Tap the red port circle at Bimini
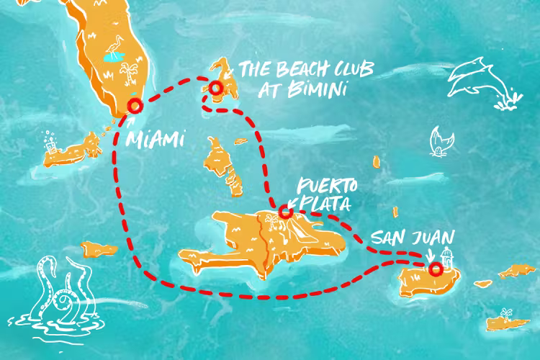(x=215, y=88)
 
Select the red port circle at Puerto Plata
(x=285, y=212)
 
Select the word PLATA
(x=323, y=204)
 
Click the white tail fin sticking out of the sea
(x=436, y=141)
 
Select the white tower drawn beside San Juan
(x=446, y=256)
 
